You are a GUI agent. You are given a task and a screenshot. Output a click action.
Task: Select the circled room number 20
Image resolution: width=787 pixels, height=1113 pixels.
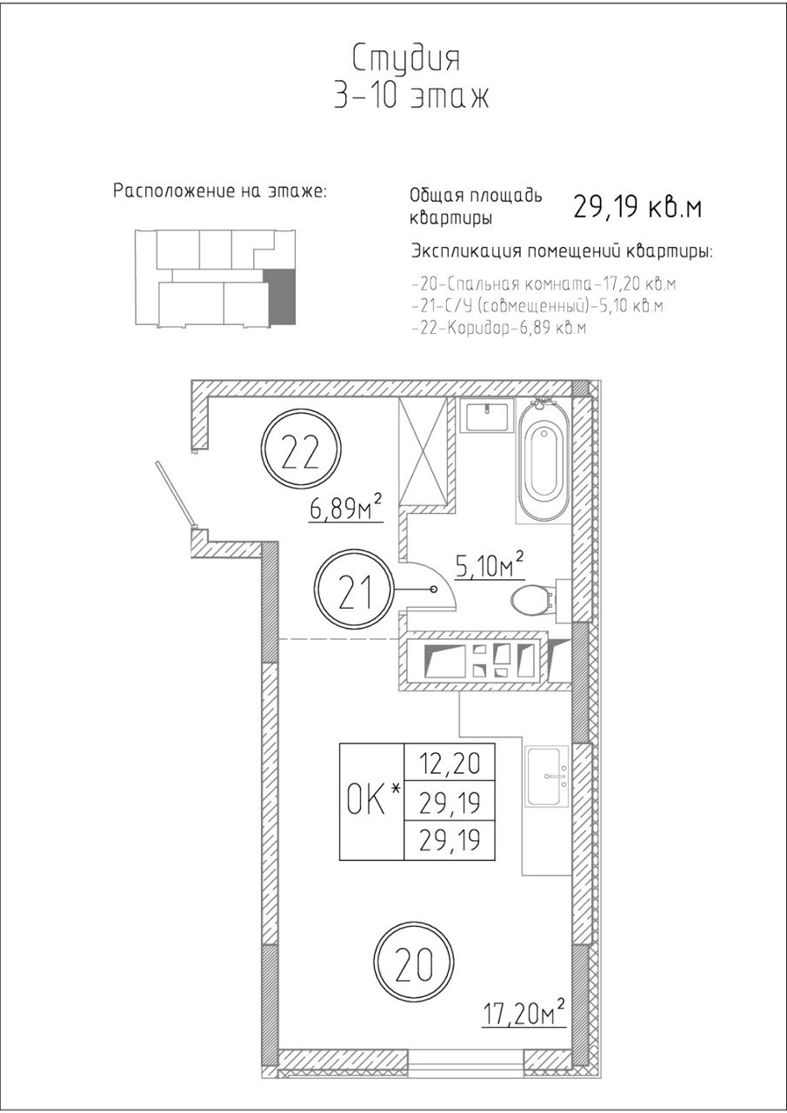coord(414,964)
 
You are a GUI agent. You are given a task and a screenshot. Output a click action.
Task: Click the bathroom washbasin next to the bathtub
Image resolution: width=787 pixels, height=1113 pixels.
coord(486,416)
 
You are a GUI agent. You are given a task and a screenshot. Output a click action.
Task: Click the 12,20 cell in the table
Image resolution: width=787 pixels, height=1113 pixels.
coord(450,763)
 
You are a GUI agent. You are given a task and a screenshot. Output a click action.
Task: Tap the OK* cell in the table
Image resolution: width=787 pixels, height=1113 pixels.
coord(371,802)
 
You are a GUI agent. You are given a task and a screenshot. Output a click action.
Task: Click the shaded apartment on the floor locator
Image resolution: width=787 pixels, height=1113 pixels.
coord(280,297)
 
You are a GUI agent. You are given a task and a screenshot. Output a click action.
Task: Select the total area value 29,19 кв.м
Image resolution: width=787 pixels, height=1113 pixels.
coord(637,207)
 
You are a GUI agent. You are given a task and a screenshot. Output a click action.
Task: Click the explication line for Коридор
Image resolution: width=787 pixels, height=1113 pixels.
coord(499,329)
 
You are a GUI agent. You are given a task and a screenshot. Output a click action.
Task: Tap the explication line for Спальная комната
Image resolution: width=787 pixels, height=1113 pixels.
coord(544,284)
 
